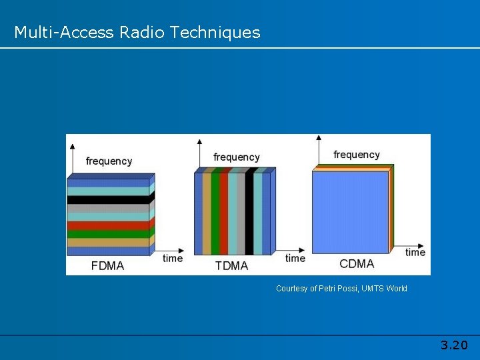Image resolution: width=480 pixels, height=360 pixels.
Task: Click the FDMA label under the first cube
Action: (107, 265)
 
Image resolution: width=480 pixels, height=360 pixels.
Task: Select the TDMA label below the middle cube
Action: (231, 265)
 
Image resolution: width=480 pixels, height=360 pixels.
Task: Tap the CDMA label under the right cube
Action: (357, 264)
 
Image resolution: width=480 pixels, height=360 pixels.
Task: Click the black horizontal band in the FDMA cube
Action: (108, 199)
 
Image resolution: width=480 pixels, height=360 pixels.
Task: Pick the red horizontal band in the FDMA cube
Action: (108, 225)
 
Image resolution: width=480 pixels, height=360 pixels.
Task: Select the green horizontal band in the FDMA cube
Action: (108, 234)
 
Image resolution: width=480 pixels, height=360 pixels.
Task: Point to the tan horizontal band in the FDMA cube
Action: (108, 243)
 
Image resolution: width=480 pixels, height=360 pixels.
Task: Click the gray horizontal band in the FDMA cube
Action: (108, 208)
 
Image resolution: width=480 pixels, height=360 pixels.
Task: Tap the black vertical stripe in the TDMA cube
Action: (249, 213)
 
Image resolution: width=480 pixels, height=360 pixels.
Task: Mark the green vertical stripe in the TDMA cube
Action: (215, 213)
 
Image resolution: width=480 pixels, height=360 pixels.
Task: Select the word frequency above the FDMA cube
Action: (109, 161)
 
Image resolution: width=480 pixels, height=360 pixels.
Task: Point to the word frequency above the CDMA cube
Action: (356, 155)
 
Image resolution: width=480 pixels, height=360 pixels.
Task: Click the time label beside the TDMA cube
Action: (295, 258)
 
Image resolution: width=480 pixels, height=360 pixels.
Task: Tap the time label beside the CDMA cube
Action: (415, 252)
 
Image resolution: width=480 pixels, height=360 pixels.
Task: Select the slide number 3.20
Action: (454, 345)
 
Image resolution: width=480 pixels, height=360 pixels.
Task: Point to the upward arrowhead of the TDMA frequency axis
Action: (199, 141)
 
